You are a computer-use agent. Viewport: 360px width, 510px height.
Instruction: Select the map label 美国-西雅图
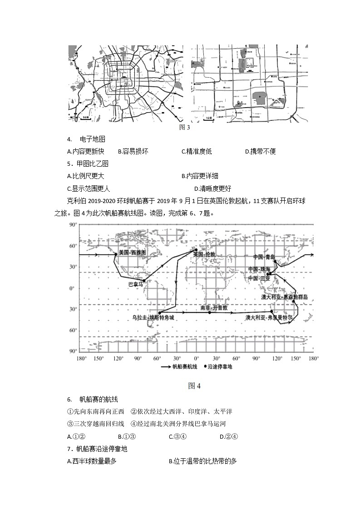pos(132,253)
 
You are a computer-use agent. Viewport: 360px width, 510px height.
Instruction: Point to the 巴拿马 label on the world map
pos(135,284)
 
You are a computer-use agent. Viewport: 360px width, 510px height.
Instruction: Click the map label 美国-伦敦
pos(204,255)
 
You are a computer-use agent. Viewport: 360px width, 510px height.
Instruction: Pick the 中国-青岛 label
pos(264,257)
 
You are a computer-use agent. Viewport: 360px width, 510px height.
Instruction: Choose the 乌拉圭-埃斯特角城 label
pos(153,318)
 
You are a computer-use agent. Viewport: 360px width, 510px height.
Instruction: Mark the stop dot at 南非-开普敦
pos(209,312)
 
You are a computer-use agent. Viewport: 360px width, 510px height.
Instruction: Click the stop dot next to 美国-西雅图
pos(116,254)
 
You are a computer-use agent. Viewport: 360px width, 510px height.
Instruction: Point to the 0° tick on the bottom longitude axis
pos(197,358)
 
